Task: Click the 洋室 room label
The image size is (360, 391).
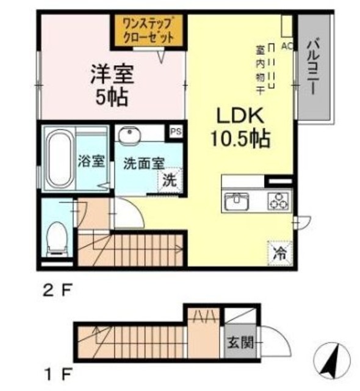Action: coord(112,74)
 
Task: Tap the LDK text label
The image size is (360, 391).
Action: coord(240,115)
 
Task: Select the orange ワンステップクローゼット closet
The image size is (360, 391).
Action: coord(149,31)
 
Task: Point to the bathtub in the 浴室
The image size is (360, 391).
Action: coord(59,159)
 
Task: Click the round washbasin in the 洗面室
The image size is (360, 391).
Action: coord(129,134)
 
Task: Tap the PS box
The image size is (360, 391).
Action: coord(176,131)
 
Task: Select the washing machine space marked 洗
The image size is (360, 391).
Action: coord(170,180)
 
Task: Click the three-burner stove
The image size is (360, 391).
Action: coord(279,201)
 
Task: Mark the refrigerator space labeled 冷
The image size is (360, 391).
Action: coord(279,253)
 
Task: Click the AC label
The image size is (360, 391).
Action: coord(287,46)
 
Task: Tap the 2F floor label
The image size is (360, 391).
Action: coord(57,291)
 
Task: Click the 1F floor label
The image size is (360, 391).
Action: coord(57,374)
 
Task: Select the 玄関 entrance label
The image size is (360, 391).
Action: coord(240,342)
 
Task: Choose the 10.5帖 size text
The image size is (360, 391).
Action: coord(240,139)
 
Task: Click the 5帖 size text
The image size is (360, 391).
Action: coord(112,97)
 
